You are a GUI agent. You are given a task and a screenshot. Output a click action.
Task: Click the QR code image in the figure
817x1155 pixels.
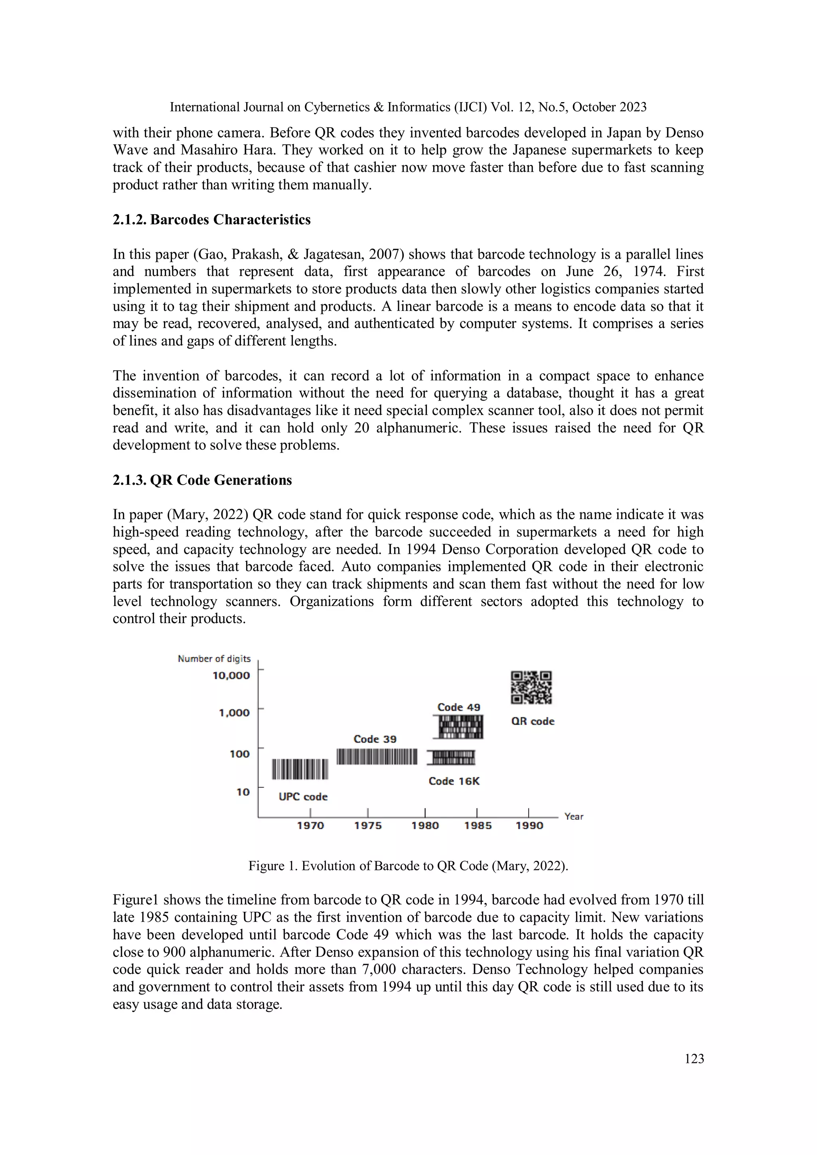(x=531, y=687)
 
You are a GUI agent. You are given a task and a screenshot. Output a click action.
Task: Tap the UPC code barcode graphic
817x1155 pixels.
(x=300, y=769)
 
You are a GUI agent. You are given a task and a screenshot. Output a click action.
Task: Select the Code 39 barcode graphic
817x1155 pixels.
(x=377, y=757)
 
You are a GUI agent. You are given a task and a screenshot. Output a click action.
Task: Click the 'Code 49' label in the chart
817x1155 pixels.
(x=459, y=707)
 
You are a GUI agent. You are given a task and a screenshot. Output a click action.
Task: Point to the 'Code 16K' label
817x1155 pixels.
(x=454, y=781)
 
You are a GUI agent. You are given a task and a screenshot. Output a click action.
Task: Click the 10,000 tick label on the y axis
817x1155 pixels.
(x=231, y=676)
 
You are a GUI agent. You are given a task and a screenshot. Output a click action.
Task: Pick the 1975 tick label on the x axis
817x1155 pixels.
(x=367, y=826)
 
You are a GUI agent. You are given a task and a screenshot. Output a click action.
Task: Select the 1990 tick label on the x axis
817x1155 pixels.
(x=529, y=826)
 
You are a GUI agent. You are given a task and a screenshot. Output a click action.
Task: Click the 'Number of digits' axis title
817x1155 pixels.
(x=214, y=659)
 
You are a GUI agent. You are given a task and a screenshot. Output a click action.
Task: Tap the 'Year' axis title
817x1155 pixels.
(x=574, y=817)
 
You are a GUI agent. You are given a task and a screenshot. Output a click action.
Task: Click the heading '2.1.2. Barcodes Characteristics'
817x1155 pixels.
(x=211, y=220)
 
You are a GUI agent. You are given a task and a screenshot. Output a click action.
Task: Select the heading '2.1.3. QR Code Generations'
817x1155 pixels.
(x=202, y=480)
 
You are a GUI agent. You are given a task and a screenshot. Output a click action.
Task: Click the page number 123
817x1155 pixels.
(x=694, y=1059)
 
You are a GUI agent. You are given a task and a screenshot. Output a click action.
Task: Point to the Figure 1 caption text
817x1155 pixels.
(x=408, y=866)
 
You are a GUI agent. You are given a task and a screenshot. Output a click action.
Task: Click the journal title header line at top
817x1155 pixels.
(x=408, y=107)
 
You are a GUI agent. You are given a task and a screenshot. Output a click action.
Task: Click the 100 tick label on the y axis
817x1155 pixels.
(x=240, y=754)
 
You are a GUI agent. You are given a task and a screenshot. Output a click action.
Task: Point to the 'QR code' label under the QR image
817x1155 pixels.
(x=533, y=721)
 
